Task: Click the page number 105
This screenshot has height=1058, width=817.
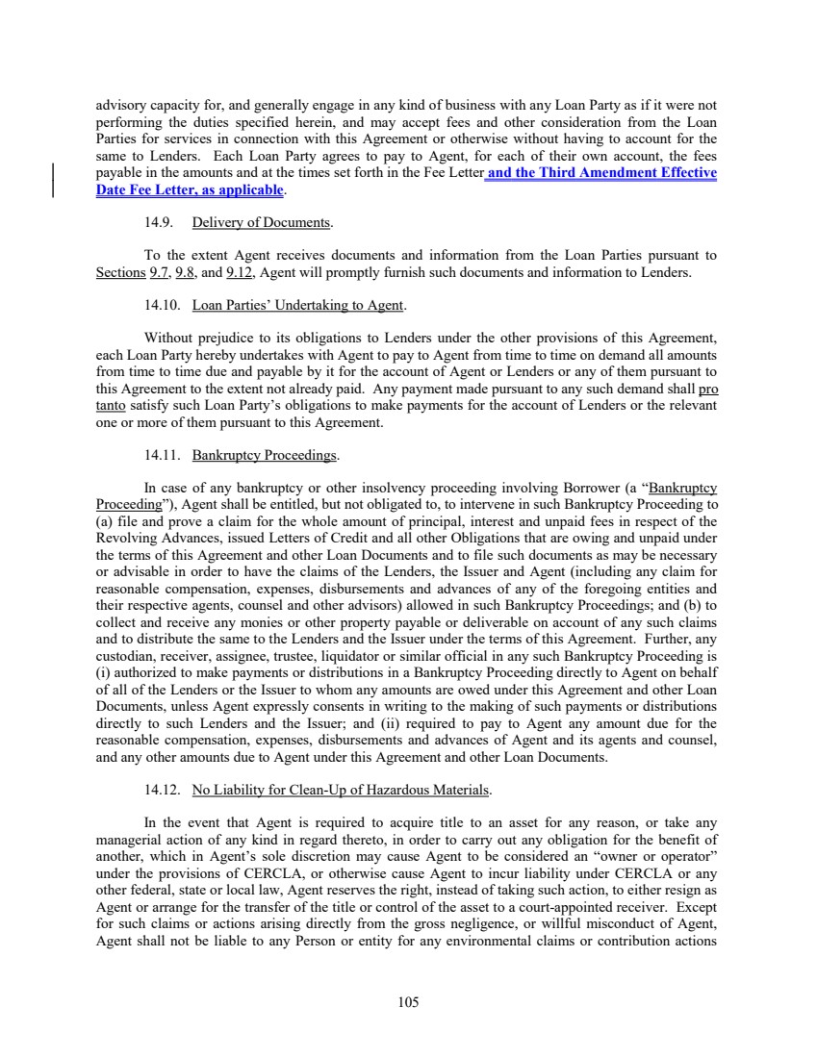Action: tap(408, 1001)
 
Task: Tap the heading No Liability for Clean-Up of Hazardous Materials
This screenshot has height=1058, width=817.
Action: tap(342, 791)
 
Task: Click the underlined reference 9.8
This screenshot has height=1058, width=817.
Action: tap(186, 273)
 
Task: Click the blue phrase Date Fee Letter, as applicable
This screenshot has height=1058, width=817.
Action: tap(191, 190)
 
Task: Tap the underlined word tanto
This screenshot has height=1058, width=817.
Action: tap(113, 407)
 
